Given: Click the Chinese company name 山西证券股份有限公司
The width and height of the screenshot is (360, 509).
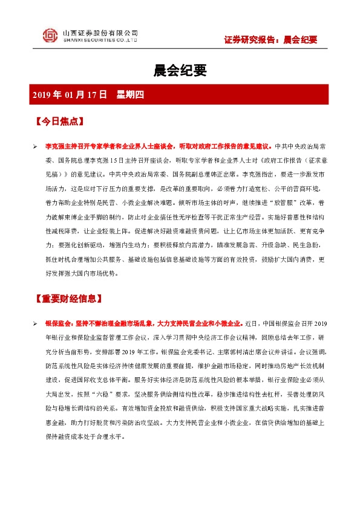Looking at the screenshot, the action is point(100,32).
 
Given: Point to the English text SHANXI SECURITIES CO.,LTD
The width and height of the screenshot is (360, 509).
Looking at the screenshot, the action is point(100,39).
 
